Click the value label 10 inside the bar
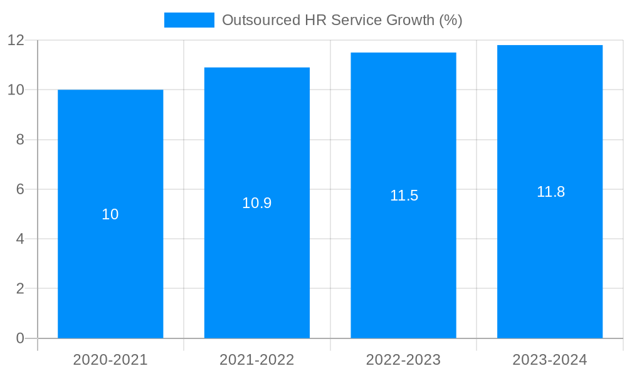tap(110, 214)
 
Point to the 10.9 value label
tap(257, 203)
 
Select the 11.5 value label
tap(404, 196)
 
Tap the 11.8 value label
tap(551, 192)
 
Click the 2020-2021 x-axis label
tap(110, 360)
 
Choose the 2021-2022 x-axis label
tap(257, 360)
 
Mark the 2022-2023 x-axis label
tap(403, 360)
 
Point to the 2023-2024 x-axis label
tap(550, 360)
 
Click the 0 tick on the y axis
tap(19, 338)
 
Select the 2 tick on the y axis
tap(19, 289)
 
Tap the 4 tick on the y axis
tap(19, 239)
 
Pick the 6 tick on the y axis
tap(19, 189)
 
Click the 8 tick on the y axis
tap(19, 140)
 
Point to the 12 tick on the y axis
tap(16, 40)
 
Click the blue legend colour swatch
tap(189, 20)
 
